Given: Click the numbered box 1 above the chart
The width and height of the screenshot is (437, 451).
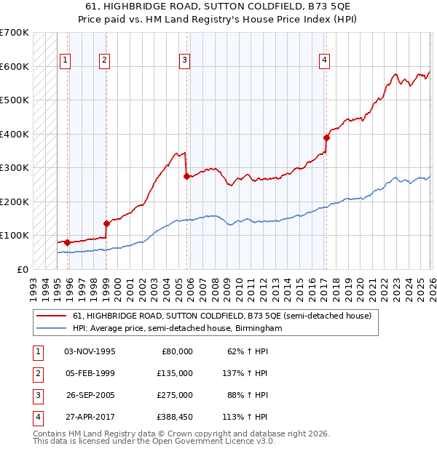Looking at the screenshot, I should [66, 60].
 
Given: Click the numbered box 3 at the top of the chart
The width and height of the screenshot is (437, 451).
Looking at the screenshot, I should [185, 60].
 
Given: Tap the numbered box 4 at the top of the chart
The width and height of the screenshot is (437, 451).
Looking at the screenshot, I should [324, 60].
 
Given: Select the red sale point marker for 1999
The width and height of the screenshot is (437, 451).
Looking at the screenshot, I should [106, 223].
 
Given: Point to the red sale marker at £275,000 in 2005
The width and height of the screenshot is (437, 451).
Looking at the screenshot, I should [186, 176].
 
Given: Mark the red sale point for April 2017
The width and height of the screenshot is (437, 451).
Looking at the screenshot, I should [326, 137].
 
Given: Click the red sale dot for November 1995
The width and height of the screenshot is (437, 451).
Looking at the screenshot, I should [67, 242].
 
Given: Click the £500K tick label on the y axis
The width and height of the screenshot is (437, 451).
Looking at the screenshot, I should [14, 100].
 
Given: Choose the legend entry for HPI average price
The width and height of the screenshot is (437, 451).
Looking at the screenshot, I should [177, 329].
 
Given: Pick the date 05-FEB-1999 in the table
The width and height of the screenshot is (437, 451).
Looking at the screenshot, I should [90, 374].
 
